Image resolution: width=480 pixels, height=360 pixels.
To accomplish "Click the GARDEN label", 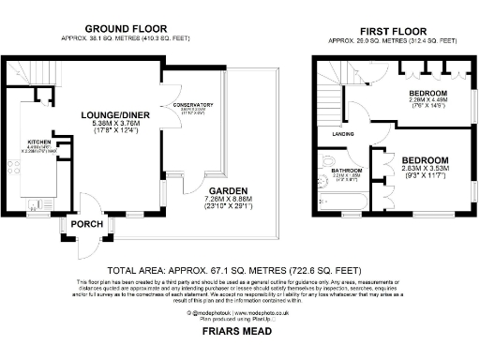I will (x=228, y=189).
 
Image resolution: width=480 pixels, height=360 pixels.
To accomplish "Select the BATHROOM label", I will (x=346, y=170).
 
